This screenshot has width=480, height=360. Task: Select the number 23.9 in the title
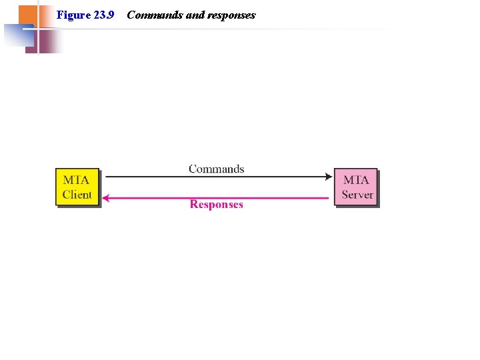click(103, 15)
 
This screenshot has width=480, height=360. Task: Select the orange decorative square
click(27, 15)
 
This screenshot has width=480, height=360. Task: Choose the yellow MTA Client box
click(77, 187)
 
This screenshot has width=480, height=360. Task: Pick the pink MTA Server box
click(355, 187)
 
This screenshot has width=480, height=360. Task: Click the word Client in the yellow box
click(77, 195)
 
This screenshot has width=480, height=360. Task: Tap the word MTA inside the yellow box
click(76, 180)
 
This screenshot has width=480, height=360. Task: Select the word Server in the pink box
click(357, 195)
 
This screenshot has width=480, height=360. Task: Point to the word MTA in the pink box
click(356, 180)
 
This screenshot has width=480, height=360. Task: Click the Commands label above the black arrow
click(216, 169)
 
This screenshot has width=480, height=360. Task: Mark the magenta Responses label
click(216, 205)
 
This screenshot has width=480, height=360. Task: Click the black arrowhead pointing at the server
click(328, 177)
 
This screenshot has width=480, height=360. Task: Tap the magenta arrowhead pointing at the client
click(106, 198)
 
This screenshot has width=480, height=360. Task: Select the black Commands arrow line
click(216, 177)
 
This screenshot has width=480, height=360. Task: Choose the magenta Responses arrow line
click(216, 198)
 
